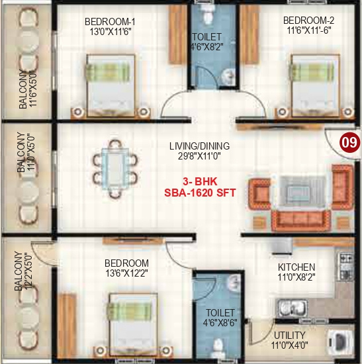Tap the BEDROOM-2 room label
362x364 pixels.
tap(308, 20)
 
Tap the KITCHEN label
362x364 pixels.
tap(296, 267)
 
